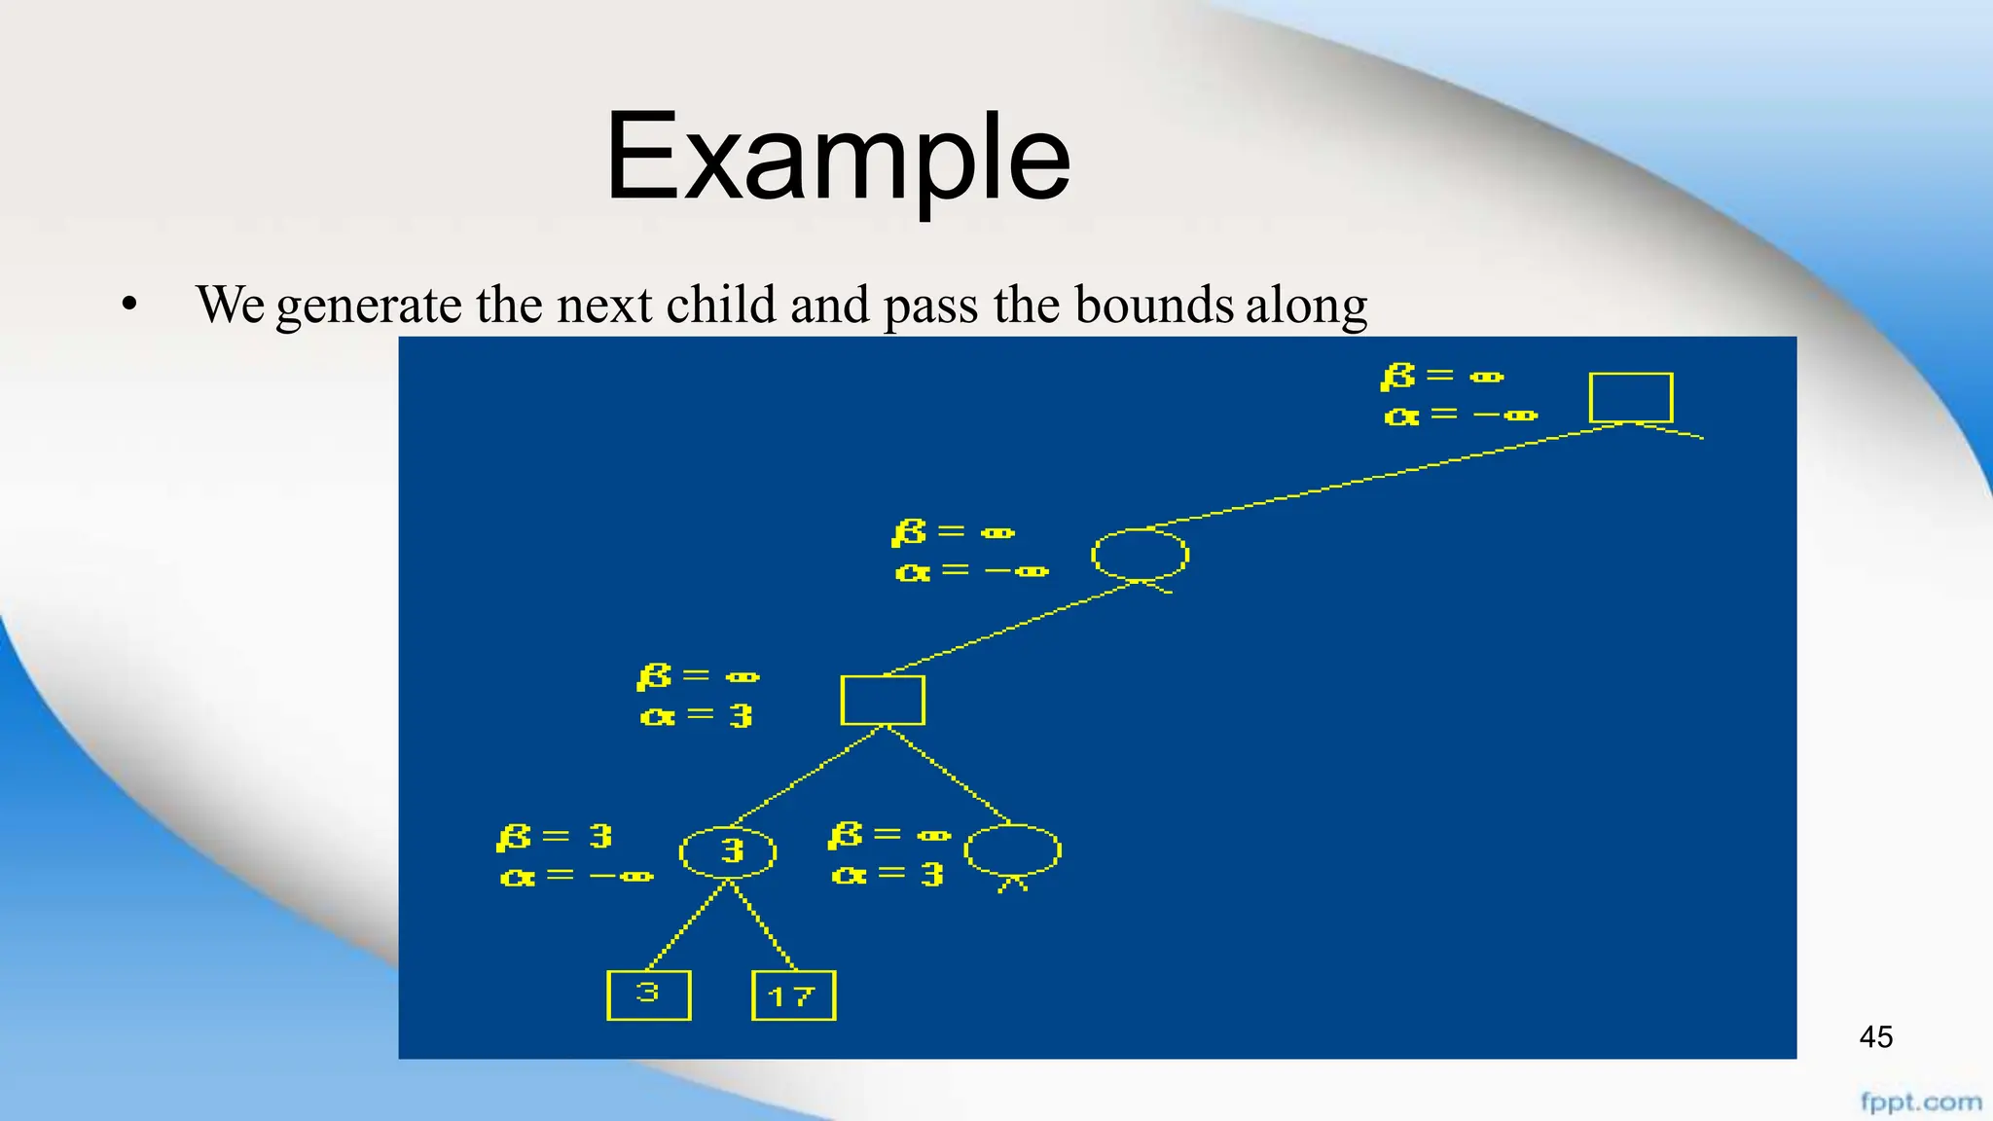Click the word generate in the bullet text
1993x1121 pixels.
coord(369,306)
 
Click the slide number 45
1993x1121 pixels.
coord(1875,1037)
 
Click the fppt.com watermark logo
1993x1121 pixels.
coord(1920,1103)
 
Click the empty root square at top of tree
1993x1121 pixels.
coord(1631,397)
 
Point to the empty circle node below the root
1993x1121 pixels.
coord(1140,555)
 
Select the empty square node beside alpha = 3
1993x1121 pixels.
coord(883,700)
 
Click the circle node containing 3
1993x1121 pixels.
coord(728,852)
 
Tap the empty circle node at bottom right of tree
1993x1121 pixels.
coord(1012,850)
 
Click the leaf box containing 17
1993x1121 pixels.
coord(793,995)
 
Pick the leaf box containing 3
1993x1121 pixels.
coord(648,994)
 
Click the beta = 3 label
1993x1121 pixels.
coord(555,837)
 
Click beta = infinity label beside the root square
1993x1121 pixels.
coord(1442,376)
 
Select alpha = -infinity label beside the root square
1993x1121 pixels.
coord(1460,416)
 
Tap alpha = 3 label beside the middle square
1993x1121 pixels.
coord(697,716)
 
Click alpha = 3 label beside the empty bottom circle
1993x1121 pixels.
coord(888,875)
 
